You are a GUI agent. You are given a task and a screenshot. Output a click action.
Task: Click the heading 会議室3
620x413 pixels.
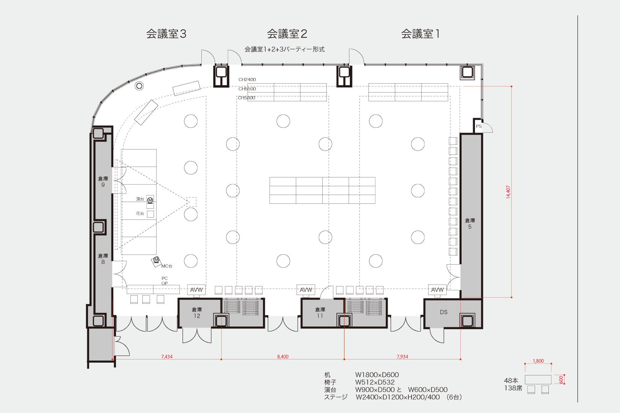166,34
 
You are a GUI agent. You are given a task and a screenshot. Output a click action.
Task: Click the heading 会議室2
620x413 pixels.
287,34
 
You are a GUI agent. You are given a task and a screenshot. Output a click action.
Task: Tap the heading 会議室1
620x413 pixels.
421,34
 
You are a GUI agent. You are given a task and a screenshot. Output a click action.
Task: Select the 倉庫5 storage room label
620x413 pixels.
470,223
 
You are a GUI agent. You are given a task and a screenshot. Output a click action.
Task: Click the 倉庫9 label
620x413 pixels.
103,182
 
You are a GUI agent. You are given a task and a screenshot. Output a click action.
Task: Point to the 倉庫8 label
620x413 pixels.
103,259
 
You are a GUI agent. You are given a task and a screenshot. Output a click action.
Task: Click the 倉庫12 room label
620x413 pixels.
197,312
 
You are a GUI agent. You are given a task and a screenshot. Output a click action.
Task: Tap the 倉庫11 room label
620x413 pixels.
320,312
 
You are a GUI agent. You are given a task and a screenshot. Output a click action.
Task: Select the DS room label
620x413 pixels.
444,312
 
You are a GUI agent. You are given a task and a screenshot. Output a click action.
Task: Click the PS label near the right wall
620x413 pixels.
479,126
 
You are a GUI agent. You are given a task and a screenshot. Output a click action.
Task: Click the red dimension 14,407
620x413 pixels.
508,192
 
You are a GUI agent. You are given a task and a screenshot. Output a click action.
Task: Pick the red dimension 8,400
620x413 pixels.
283,356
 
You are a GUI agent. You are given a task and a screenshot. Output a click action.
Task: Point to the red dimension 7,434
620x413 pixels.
166,356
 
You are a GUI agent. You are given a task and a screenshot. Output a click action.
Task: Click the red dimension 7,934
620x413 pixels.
402,356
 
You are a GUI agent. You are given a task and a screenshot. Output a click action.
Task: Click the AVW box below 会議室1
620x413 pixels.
437,290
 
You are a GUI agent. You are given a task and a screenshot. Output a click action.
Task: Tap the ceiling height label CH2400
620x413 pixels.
247,80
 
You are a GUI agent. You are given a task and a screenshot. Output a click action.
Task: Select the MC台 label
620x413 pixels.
167,266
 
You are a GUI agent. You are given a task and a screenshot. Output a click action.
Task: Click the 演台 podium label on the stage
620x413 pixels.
140,199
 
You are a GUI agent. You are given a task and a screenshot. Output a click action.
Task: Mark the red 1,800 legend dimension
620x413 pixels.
538,361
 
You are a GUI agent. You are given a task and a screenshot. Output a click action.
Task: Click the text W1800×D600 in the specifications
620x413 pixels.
377,375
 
